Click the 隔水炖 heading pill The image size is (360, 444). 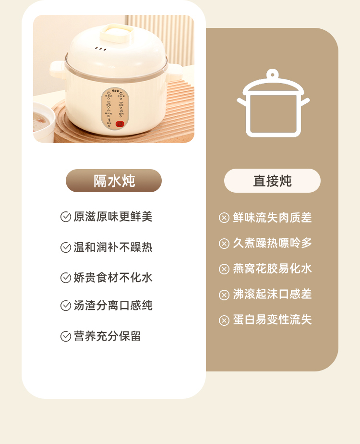[114, 181]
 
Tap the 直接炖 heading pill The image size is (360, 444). [272, 181]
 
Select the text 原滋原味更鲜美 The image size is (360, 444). [113, 217]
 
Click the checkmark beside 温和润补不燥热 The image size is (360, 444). [66, 247]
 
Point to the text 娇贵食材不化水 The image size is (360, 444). [113, 278]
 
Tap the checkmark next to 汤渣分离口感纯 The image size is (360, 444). [66, 306]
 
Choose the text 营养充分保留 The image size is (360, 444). [107, 336]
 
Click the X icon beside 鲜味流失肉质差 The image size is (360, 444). [224, 218]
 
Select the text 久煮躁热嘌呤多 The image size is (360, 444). [272, 243]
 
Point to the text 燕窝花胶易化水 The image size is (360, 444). [272, 269]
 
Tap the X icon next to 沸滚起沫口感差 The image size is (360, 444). [224, 295]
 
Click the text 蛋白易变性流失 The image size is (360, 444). [272, 320]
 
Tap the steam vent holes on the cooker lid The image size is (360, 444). [100, 49]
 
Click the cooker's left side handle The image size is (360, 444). [57, 69]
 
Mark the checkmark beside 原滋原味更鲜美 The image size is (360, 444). [66, 217]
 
